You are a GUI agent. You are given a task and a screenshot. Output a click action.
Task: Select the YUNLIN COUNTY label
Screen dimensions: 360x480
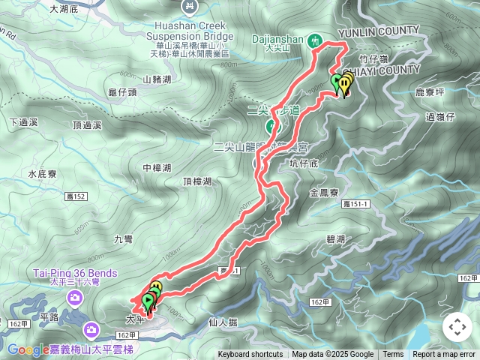[x=379, y=31]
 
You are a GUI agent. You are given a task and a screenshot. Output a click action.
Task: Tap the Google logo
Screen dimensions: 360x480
[x=28, y=349]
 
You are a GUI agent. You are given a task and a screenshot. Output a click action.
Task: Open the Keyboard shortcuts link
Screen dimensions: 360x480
[x=250, y=355]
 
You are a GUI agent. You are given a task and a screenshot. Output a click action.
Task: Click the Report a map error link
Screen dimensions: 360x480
[x=445, y=355]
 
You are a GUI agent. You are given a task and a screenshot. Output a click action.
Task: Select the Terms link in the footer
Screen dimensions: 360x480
[x=393, y=355]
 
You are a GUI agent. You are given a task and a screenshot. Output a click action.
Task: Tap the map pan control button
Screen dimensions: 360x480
[x=457, y=327]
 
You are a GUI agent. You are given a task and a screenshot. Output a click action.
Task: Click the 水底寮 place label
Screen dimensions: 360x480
[x=43, y=174]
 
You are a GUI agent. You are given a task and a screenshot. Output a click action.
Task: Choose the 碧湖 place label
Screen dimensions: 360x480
[x=335, y=239]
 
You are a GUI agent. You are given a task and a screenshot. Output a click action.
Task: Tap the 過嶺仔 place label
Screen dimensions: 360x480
[x=440, y=116]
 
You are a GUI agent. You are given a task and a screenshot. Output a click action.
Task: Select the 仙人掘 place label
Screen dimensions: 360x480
[x=221, y=322]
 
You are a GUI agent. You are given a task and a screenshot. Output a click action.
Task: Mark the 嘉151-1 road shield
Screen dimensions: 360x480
[x=356, y=204]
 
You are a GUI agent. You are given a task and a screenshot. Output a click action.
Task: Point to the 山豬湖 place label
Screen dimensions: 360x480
[x=157, y=79]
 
